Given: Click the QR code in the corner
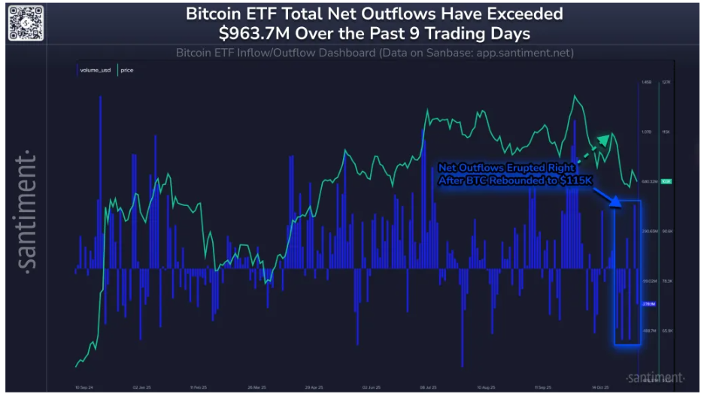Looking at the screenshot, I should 23,23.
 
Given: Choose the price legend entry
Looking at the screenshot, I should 126,70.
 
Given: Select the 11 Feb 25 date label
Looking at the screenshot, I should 198,388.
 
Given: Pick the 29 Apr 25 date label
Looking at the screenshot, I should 314,388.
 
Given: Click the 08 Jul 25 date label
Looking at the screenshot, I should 430,388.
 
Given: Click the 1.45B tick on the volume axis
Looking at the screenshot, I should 646,83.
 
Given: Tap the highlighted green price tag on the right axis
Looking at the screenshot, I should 666,181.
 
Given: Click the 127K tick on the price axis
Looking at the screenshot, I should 665,83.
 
